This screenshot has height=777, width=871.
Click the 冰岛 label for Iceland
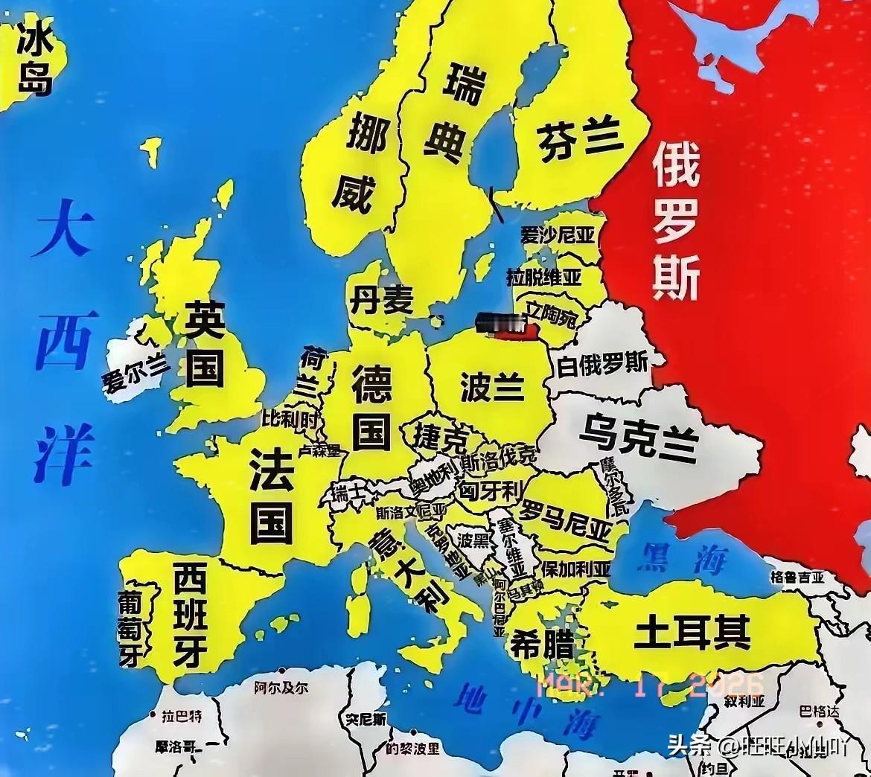34,58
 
